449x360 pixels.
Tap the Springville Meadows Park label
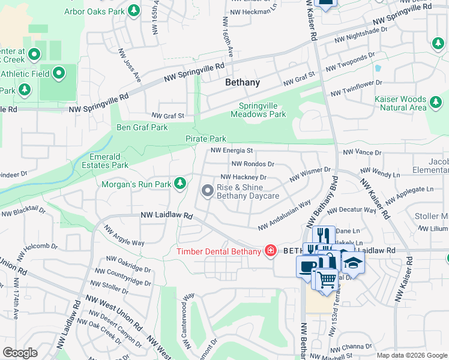click(x=259, y=110)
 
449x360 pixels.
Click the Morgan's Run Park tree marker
click(x=179, y=184)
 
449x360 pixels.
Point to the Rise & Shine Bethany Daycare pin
click(x=208, y=191)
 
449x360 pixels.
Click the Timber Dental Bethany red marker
click(x=271, y=251)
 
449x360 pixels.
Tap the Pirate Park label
click(x=205, y=139)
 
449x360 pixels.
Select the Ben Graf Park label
click(x=142, y=127)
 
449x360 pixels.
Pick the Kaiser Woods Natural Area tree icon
click(x=436, y=106)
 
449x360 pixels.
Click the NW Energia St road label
click(x=231, y=151)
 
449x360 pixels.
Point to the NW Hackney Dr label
click(x=244, y=177)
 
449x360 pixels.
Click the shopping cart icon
click(x=326, y=279)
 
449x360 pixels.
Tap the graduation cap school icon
click(x=353, y=262)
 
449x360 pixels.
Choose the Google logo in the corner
click(x=20, y=353)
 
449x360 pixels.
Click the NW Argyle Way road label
click(x=124, y=235)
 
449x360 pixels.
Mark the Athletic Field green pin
click(x=59, y=74)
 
